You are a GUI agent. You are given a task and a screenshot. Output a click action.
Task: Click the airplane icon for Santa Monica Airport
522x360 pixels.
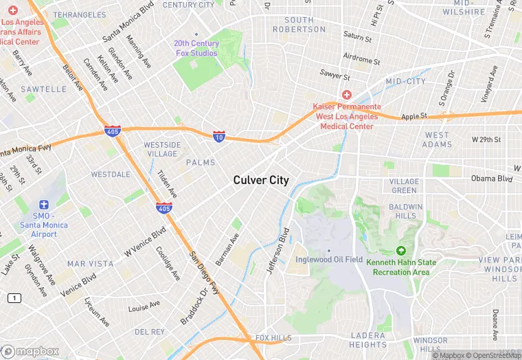[44, 205]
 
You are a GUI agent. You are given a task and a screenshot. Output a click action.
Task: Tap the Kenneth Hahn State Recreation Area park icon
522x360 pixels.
[401, 251]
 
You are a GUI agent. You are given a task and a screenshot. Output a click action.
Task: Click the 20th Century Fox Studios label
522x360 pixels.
[196, 48]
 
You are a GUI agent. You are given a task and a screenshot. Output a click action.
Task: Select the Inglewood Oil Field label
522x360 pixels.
[329, 259]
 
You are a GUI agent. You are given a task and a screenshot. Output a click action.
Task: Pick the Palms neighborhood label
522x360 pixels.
[201, 163]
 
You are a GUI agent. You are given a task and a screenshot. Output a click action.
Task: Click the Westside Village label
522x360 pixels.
[162, 149]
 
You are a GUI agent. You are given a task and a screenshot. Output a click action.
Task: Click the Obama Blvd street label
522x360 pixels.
[492, 179]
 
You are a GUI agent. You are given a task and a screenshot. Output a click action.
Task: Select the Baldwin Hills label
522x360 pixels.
[406, 211]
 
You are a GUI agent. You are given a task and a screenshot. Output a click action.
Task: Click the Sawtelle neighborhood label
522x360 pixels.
[43, 89]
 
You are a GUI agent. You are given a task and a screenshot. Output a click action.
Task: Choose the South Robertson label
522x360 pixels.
[299, 25]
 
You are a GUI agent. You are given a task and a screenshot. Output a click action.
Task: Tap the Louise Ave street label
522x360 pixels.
[144, 306]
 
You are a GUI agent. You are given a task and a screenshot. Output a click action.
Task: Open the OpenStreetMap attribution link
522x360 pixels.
[495, 355]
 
